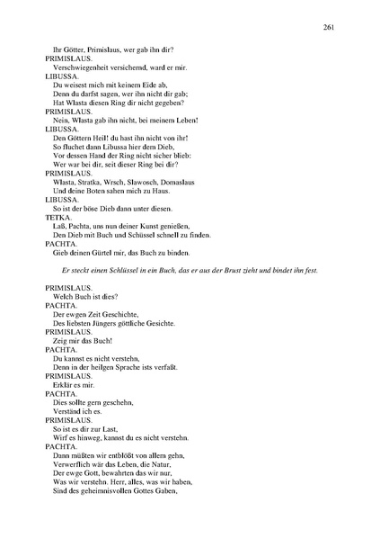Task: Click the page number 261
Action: [330, 28]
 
